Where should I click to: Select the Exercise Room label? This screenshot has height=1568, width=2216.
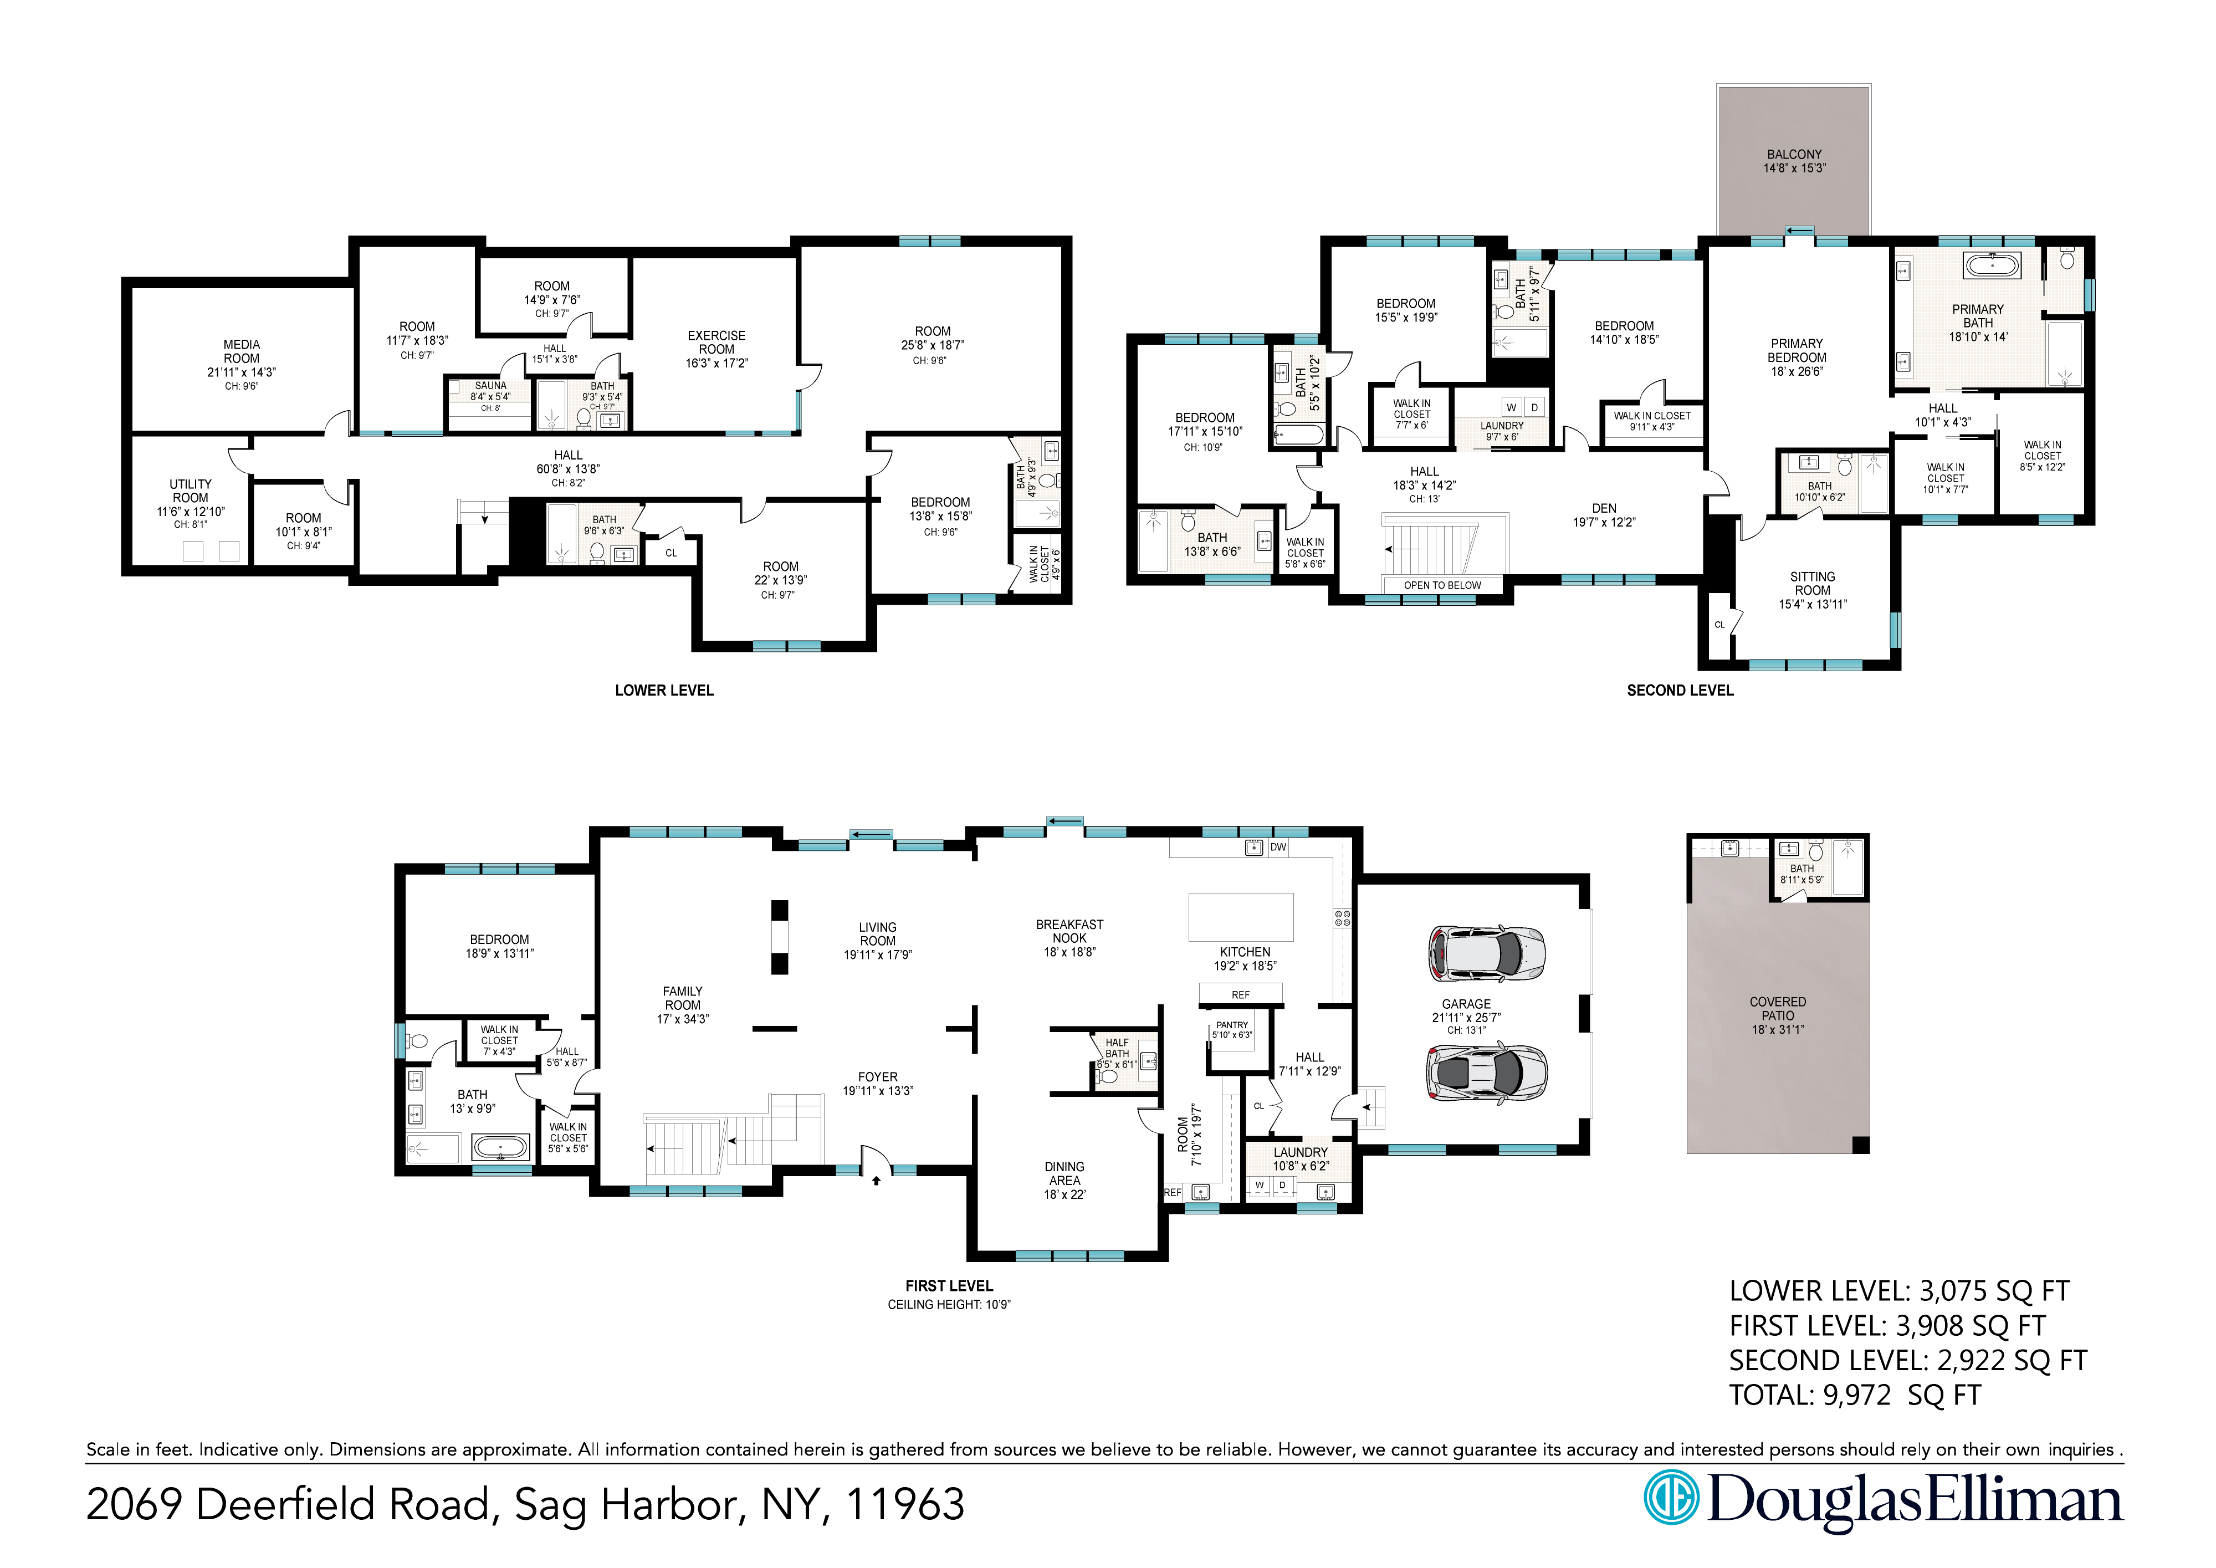(716, 343)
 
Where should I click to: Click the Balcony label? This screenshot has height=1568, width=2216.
(1794, 155)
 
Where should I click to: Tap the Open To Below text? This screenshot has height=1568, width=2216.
(1442, 585)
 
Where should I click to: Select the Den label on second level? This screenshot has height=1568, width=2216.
(1604, 508)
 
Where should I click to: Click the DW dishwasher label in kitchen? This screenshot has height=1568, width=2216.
(1278, 847)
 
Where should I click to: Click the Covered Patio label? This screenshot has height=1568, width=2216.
(1778, 1009)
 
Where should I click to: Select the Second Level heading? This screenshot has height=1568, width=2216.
(1680, 691)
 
